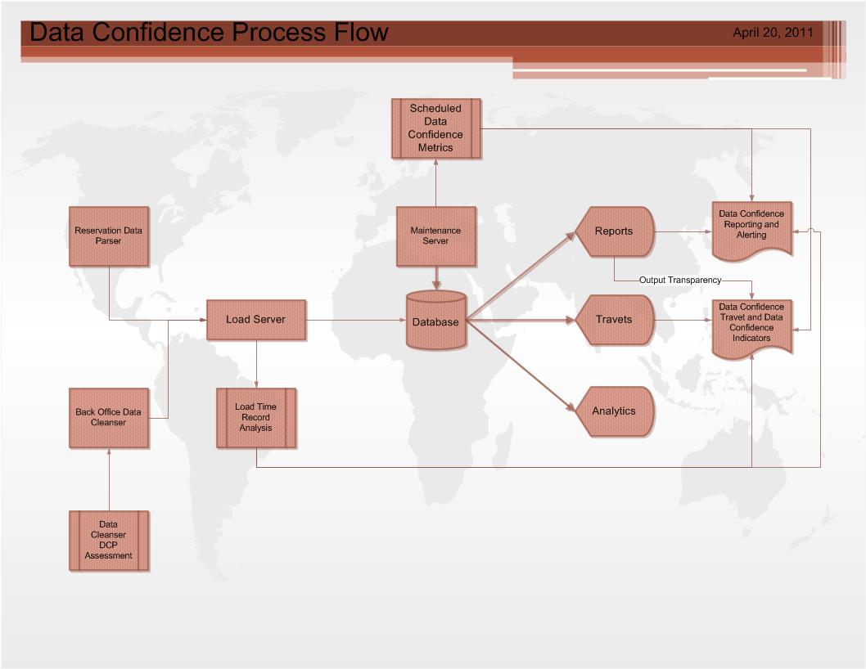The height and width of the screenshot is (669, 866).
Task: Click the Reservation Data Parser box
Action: coord(109,236)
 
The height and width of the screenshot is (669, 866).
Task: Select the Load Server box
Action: coord(256,320)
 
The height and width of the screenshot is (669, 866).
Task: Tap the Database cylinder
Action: coord(436,320)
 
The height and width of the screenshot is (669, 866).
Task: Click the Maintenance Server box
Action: coord(436,236)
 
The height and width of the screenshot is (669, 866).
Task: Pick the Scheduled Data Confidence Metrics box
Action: coord(436,128)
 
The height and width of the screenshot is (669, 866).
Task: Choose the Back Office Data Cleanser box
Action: coord(109,418)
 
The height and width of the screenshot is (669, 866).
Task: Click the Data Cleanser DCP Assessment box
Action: coord(109,541)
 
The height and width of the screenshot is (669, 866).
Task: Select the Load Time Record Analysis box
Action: coord(256,418)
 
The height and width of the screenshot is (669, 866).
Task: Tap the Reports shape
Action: coord(615,231)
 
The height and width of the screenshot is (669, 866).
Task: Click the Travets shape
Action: coord(615,320)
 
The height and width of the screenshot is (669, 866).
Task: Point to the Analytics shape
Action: coord(615,411)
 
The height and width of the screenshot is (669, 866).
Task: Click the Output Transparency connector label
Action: coord(680,280)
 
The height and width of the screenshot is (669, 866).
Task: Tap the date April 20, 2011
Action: coord(773,33)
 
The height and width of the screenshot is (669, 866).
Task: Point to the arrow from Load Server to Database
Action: coord(356,320)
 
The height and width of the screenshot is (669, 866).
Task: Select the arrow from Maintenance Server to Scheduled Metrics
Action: coord(435,182)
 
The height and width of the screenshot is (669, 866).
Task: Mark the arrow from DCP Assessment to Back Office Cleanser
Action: coord(109,479)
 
